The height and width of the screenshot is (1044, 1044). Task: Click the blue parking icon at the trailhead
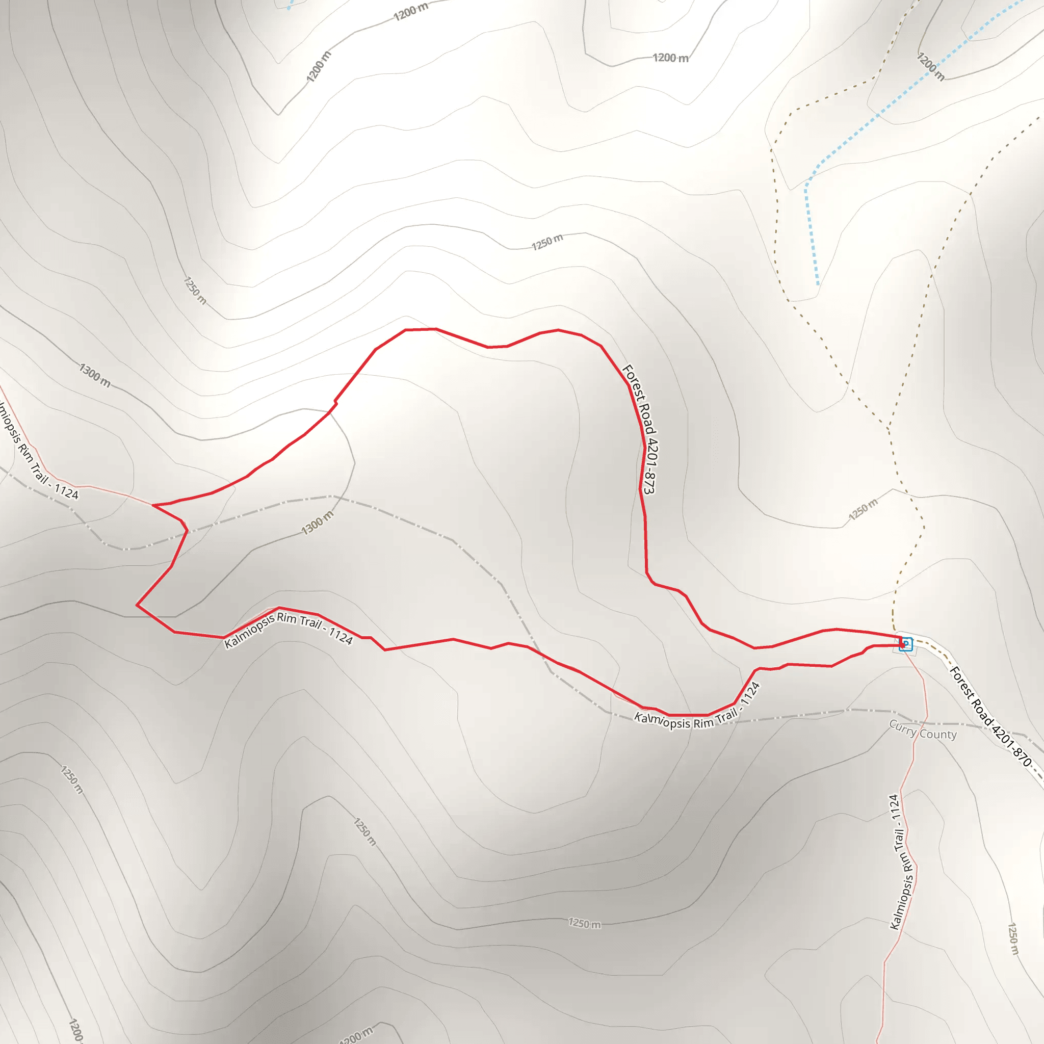tap(906, 644)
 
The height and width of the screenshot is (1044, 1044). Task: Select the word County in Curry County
tap(938, 735)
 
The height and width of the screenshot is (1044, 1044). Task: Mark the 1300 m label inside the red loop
tap(318, 523)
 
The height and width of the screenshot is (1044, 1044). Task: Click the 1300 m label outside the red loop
tap(95, 375)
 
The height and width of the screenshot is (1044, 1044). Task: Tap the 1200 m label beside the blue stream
tap(930, 66)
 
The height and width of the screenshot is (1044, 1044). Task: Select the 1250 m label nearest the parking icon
tap(864, 510)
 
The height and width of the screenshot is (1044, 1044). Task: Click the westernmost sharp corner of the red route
tap(137, 605)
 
